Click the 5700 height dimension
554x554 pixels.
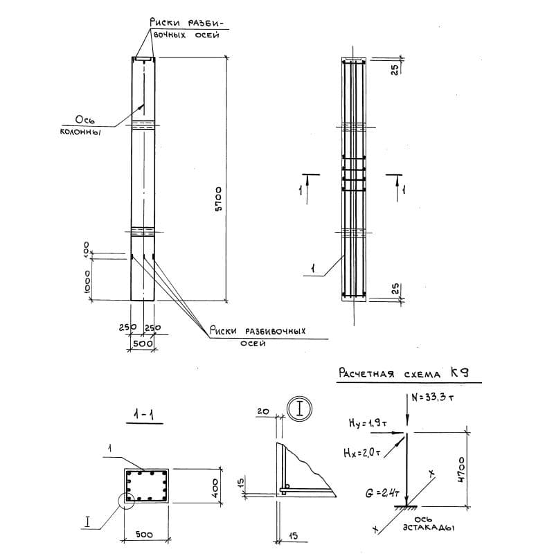[219, 199]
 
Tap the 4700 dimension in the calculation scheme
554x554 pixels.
[461, 470]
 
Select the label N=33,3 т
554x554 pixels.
[432, 397]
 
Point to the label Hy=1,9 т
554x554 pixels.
[368, 422]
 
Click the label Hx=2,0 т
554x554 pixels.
[361, 452]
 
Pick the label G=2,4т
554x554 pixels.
[382, 492]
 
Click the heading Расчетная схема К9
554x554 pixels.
[404, 373]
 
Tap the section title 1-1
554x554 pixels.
[144, 414]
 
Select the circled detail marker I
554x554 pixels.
[299, 409]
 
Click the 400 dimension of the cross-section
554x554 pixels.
[215, 488]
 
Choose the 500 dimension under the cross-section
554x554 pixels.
[144, 535]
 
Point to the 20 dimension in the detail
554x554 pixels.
[263, 411]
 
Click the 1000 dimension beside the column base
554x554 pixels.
[87, 282]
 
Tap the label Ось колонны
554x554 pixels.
[81, 125]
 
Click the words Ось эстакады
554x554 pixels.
[428, 524]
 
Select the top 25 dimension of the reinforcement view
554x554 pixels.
[395, 69]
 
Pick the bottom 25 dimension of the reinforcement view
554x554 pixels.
[395, 289]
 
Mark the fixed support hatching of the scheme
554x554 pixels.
[406, 508]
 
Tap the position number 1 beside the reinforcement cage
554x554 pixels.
[312, 269]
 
